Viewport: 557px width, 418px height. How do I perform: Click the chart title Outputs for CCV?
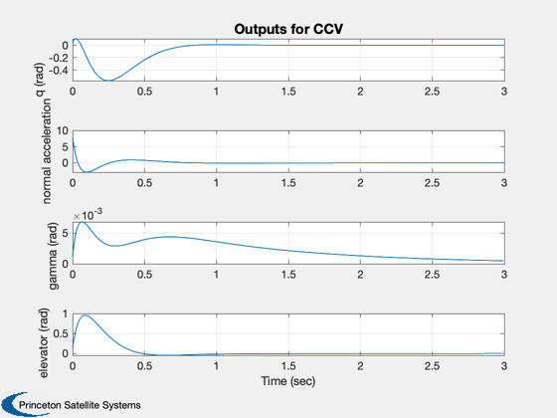(288, 29)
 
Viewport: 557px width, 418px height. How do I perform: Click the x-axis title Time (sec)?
(288, 381)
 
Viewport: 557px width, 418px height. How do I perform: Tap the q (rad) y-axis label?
(40, 80)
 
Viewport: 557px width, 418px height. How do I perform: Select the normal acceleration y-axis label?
(47, 151)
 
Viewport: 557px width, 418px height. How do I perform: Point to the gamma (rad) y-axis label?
(53, 256)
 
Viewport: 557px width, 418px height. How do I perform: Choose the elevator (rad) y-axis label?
(44, 343)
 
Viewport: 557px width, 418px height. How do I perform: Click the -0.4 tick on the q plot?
(59, 70)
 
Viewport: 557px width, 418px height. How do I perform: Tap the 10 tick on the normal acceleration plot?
(62, 130)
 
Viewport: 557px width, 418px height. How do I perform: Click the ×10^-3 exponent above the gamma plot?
(89, 214)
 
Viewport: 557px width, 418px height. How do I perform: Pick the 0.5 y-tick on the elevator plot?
(61, 333)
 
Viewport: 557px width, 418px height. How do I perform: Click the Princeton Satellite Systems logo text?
(80, 405)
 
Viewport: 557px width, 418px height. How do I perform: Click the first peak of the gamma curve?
(83, 222)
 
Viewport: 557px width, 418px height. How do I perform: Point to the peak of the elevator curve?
(86, 314)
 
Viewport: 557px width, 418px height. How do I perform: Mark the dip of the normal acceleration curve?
(87, 172)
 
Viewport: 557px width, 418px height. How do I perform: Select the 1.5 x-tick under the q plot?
(288, 92)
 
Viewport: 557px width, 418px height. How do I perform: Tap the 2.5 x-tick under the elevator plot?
(432, 366)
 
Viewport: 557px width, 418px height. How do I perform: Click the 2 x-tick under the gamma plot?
(360, 275)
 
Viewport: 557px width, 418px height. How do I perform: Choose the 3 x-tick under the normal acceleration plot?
(504, 183)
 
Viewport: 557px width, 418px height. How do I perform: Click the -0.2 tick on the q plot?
(59, 58)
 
